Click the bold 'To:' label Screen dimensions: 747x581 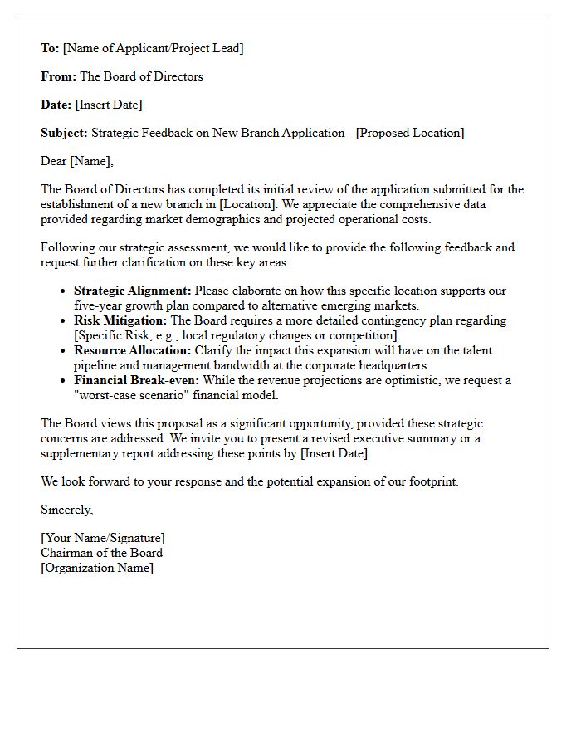point(50,48)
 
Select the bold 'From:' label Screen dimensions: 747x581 point(58,76)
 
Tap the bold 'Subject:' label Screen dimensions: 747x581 point(64,133)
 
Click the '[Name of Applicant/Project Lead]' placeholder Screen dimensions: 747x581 point(154,48)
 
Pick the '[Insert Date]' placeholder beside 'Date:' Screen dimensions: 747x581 point(109,105)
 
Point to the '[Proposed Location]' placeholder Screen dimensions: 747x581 point(410,133)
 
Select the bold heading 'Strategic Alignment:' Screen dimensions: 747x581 point(133,290)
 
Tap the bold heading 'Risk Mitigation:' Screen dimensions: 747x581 point(120,320)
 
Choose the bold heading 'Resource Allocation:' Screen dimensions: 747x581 point(133,350)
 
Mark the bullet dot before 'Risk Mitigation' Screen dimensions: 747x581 point(64,321)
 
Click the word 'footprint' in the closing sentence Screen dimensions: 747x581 point(429,481)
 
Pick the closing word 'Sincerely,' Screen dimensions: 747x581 point(67,510)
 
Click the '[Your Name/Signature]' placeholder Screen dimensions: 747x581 point(103,538)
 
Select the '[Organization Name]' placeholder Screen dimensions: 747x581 point(97,568)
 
